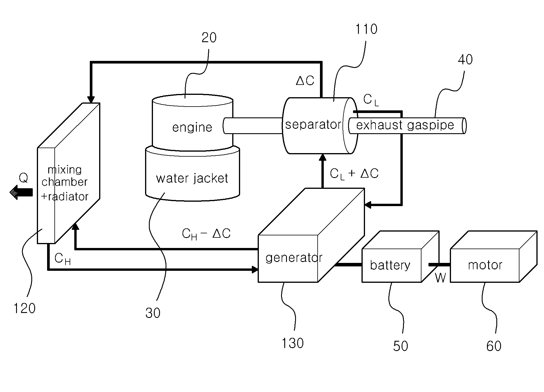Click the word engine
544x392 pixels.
pyautogui.click(x=192, y=128)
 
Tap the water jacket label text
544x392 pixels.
pyautogui.click(x=192, y=178)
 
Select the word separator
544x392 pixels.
pyautogui.click(x=313, y=125)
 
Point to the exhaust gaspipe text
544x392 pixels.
pyautogui.click(x=405, y=125)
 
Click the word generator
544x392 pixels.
pyautogui.click(x=294, y=258)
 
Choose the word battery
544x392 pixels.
pyautogui.click(x=390, y=265)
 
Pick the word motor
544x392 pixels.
pyautogui.click(x=485, y=265)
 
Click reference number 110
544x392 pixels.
pyautogui.click(x=366, y=29)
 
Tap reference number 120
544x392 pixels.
pyautogui.click(x=25, y=308)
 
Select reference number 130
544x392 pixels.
pyautogui.click(x=292, y=343)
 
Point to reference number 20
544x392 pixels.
pyautogui.click(x=209, y=37)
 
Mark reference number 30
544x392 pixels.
pyautogui.click(x=153, y=313)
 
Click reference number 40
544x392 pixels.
pyautogui.click(x=465, y=60)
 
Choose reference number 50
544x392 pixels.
pyautogui.click(x=400, y=346)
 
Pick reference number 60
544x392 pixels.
pyautogui.click(x=494, y=346)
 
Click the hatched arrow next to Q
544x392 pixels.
pyautogui.click(x=21, y=192)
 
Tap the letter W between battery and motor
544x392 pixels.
pyautogui.click(x=440, y=278)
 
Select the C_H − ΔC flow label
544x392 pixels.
pyautogui.click(x=206, y=234)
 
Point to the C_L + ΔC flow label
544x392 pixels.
pyautogui.click(x=354, y=174)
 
